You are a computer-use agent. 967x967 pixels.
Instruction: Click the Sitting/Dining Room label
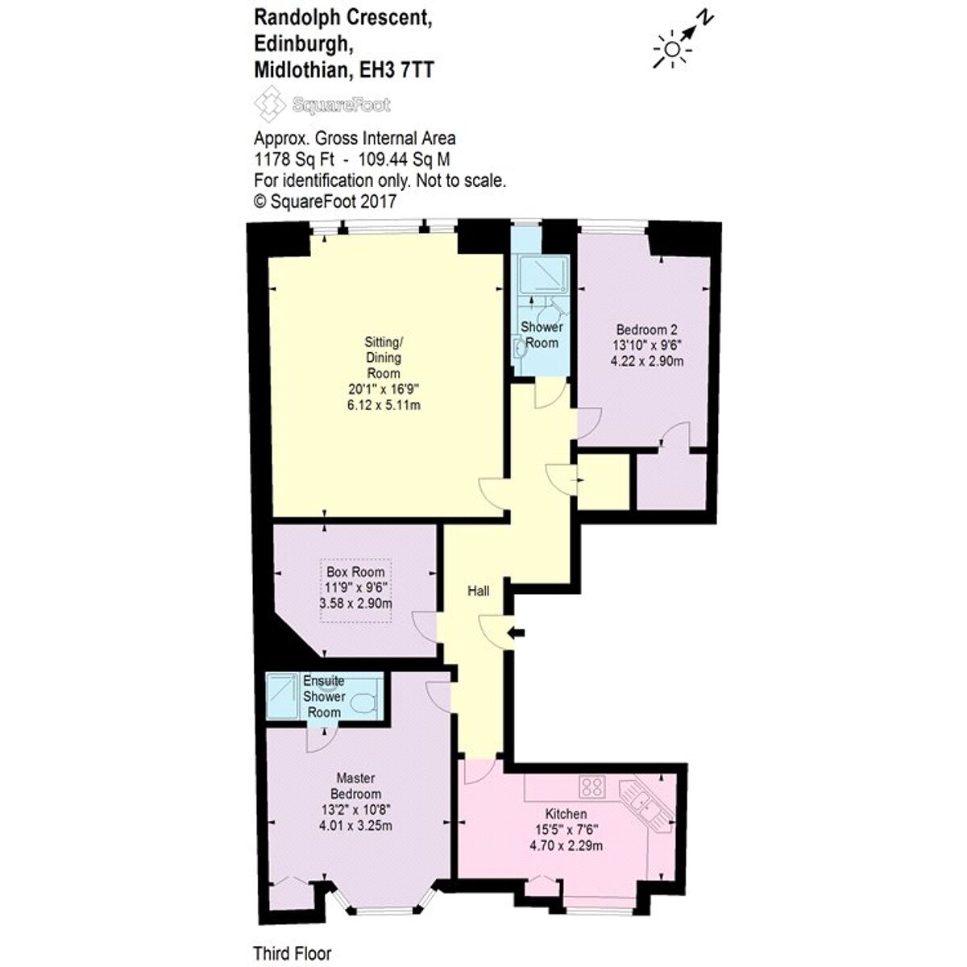(384, 359)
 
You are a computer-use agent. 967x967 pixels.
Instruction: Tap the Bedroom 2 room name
(646, 330)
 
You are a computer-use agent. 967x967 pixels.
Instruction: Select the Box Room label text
(355, 572)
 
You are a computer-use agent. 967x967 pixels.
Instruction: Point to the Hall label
(479, 591)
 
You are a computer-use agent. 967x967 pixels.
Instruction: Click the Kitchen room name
(566, 814)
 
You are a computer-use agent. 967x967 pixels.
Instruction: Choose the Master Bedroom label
(355, 786)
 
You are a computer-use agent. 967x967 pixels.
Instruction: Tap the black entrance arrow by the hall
(517, 633)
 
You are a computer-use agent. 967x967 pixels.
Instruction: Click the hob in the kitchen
(592, 786)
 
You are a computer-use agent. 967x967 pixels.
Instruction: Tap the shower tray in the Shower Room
(543, 276)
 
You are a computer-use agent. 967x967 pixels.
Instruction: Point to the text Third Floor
(292, 953)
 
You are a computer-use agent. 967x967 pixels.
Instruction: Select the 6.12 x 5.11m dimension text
(384, 405)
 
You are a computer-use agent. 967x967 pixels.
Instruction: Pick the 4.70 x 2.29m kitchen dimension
(566, 845)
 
